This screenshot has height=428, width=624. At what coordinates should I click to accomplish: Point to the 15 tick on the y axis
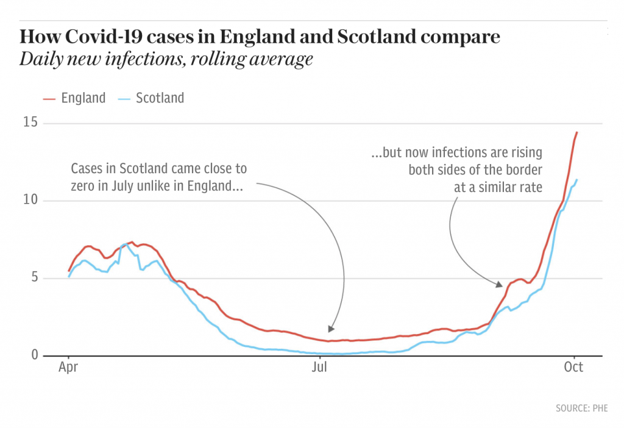[x=30, y=123]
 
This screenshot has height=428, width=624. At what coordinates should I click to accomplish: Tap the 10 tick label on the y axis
[x=30, y=201]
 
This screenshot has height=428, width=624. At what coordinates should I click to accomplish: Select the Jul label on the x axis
[x=319, y=367]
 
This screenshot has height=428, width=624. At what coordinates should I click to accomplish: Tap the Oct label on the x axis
[x=573, y=367]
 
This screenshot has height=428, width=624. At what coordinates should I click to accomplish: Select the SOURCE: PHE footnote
[x=581, y=408]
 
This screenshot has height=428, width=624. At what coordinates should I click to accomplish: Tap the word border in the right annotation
[x=525, y=169]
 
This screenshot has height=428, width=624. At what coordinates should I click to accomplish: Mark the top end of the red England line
[x=576, y=132]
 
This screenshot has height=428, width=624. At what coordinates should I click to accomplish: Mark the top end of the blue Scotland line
[x=576, y=180]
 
